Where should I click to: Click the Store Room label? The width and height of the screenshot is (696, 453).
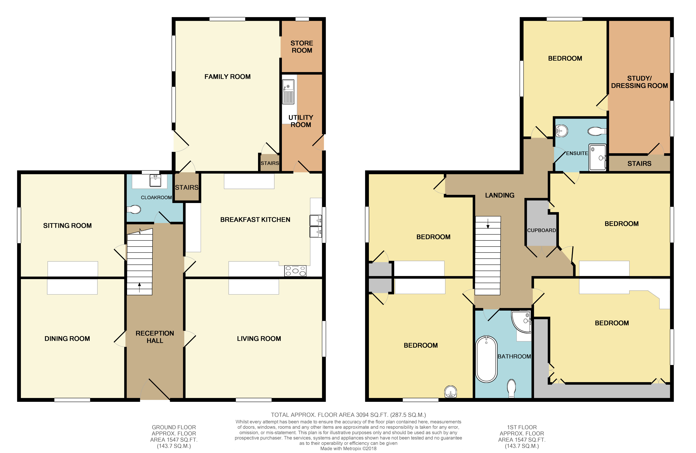click(302, 47)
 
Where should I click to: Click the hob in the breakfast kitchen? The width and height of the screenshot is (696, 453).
click(295, 271)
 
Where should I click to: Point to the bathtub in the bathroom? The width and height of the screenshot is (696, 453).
click(486, 359)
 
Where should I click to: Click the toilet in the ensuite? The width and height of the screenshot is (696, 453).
click(597, 131)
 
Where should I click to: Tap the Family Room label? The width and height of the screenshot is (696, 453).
click(228, 77)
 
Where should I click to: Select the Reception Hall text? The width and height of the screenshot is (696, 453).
click(155, 337)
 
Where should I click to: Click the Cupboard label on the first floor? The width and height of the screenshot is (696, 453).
click(541, 230)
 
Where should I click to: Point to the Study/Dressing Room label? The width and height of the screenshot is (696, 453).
click(639, 82)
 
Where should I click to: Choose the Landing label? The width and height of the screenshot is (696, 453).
click(500, 195)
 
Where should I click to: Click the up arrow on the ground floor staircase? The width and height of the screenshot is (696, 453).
click(140, 287)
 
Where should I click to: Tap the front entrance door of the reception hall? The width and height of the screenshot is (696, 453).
click(155, 389)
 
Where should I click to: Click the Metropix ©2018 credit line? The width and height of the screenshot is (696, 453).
click(348, 448)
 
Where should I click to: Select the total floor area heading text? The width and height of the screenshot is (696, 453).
click(348, 415)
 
